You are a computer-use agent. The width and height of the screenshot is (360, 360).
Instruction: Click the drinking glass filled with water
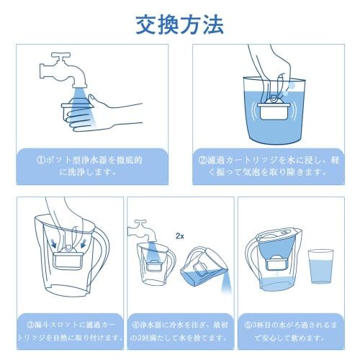tap(320, 266)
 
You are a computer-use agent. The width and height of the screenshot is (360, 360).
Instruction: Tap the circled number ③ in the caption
tap(30, 324)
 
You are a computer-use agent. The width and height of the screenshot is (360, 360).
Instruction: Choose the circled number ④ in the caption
tap(138, 324)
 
